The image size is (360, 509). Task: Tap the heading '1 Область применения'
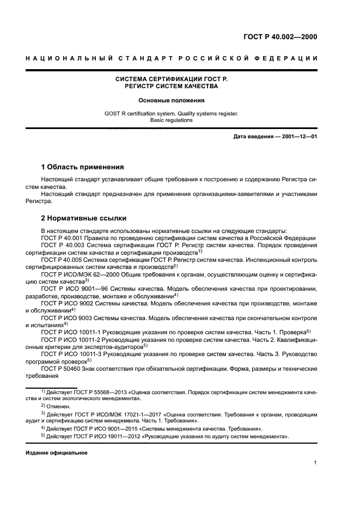coord(83,167)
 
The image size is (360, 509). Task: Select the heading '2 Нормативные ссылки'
coord(84,218)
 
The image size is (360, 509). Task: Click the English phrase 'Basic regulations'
coord(172,120)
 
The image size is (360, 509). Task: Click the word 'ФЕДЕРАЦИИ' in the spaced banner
coord(292,58)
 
